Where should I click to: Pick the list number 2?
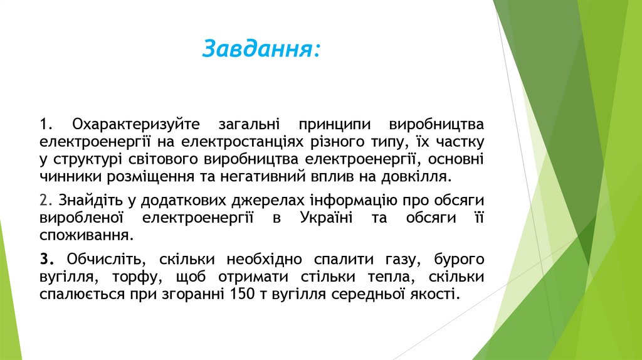[45, 200]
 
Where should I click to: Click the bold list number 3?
[46, 259]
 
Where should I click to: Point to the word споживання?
[86, 235]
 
